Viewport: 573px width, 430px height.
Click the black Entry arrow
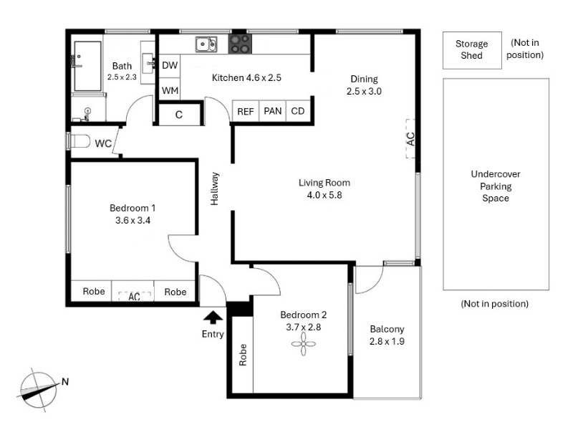coord(213,317)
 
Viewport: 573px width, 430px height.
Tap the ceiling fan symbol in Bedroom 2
coord(303,344)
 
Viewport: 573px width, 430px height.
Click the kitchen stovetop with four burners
coord(240,44)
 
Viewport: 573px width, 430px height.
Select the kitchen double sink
coord(206,44)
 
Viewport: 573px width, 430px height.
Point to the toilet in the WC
coord(79,141)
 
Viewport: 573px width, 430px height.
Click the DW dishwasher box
coord(170,66)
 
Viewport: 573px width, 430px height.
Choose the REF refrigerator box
coord(246,111)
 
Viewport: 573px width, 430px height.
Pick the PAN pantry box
coord(273,111)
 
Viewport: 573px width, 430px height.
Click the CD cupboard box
coord(298,111)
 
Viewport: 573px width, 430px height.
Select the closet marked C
coord(179,115)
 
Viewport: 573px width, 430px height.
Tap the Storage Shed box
coord(472,50)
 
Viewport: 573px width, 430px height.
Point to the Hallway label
coord(214,188)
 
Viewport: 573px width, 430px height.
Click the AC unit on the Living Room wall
coord(410,139)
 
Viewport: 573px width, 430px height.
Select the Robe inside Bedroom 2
coord(243,355)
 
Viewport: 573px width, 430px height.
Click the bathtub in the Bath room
coord(87,66)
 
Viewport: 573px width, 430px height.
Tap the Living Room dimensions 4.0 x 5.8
coord(324,195)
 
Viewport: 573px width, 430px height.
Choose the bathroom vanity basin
coord(148,63)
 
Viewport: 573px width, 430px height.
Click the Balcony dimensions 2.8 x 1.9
coord(387,342)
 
